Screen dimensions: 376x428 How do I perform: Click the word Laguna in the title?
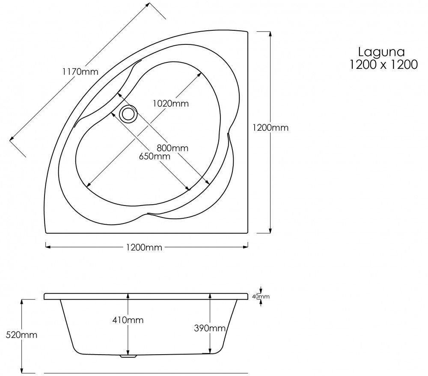click(382, 53)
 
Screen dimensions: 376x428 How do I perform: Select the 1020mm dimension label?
click(170, 103)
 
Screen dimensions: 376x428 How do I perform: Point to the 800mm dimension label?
click(172, 148)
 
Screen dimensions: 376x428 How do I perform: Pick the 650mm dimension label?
click(155, 156)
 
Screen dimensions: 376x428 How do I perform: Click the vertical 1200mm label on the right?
click(270, 127)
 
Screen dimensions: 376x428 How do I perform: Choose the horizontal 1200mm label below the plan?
click(144, 247)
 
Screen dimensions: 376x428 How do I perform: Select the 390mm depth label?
click(210, 328)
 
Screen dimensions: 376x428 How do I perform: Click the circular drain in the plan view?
click(128, 114)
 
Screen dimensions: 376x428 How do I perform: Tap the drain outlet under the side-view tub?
click(128, 355)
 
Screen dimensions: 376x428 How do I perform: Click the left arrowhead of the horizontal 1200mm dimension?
click(48, 247)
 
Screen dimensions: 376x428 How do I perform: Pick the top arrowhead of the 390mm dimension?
click(210, 296)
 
